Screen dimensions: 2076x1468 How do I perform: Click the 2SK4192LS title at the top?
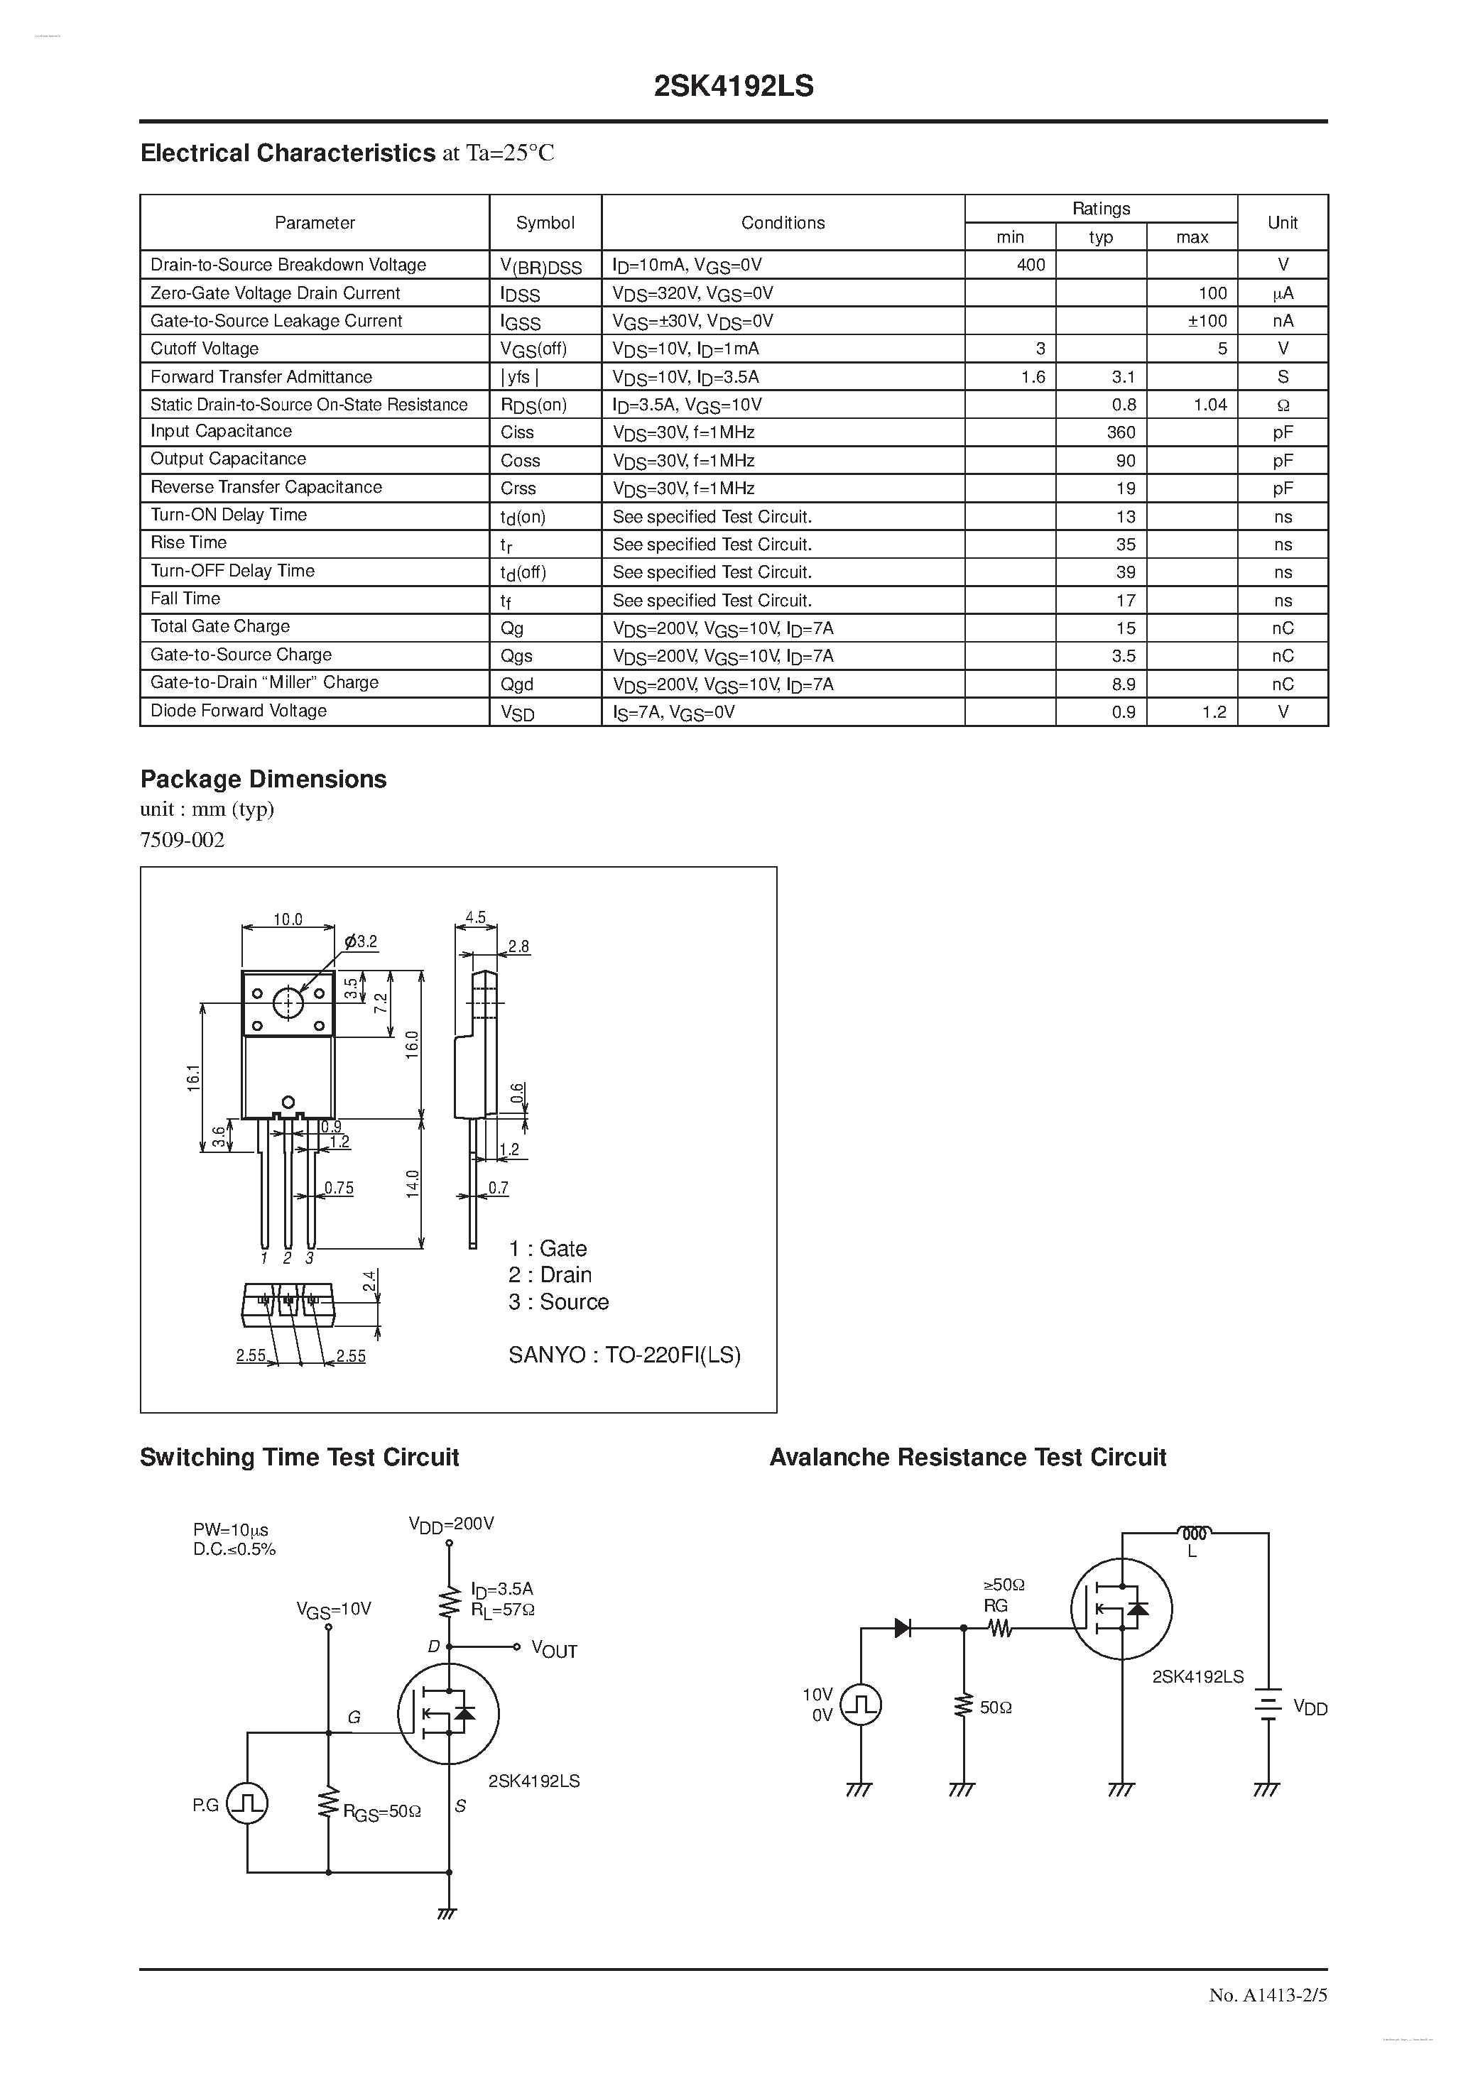coord(734,86)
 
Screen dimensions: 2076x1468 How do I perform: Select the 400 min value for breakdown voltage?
coord(1031,265)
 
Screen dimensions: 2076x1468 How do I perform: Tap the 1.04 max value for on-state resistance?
coord(1209,404)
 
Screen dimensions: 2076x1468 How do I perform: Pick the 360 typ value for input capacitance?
coord(1121,432)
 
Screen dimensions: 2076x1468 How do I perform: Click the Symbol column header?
coord(545,222)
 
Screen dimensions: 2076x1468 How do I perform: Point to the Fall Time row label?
coord(185,599)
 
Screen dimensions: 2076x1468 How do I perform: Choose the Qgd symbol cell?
coord(517,684)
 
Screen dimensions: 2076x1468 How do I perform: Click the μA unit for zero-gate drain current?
coord(1283,293)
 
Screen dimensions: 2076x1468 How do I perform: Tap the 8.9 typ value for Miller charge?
coord(1124,684)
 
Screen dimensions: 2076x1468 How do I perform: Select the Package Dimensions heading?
coord(263,780)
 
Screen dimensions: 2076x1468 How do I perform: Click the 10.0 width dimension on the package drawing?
coord(288,919)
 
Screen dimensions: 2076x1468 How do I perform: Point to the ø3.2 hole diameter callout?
coord(360,941)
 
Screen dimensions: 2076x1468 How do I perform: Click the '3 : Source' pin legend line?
coord(558,1302)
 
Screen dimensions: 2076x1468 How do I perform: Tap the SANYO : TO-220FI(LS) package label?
coord(624,1355)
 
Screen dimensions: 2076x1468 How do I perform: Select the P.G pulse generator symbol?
coord(246,1804)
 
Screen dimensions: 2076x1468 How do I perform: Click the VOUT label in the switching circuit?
coord(553,1649)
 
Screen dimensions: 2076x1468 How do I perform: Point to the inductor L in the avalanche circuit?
coord(1194,1534)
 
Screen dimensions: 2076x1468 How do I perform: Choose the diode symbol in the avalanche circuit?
coord(902,1627)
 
